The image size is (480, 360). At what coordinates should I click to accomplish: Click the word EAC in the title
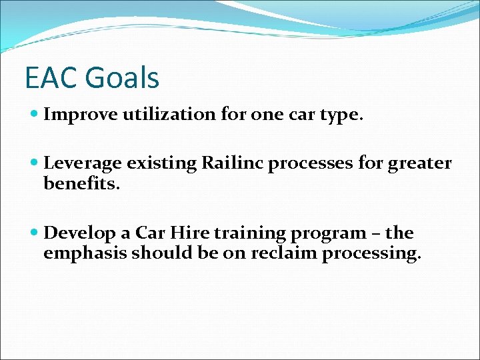51,78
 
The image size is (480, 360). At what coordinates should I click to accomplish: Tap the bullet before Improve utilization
35,115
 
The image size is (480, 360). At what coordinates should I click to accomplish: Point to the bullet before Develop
35,234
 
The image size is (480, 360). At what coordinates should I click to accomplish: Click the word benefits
81,183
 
